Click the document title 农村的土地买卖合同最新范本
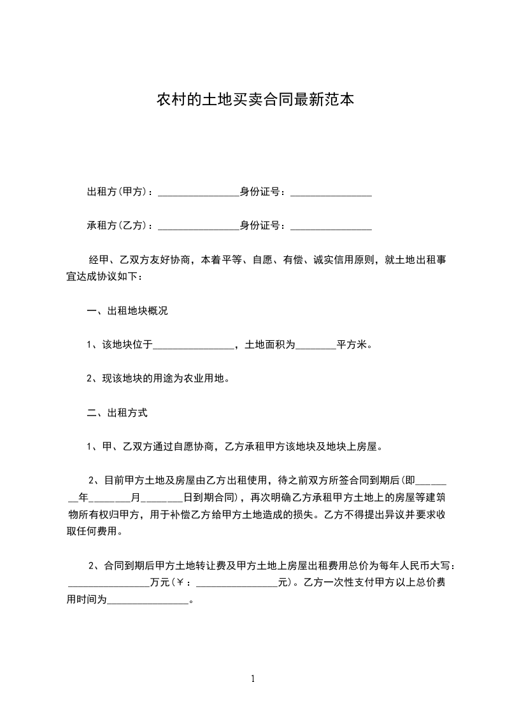(x=255, y=100)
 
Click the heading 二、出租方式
(x=117, y=412)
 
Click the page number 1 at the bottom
(x=253, y=679)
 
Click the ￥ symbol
(x=180, y=582)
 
